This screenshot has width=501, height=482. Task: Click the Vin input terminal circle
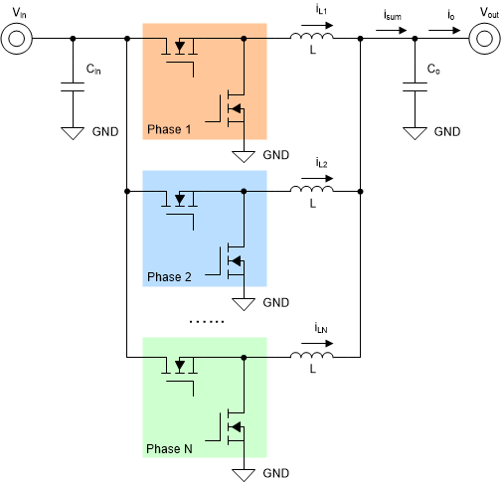pyautogui.click(x=18, y=40)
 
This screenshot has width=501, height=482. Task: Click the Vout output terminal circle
pyautogui.click(x=482, y=40)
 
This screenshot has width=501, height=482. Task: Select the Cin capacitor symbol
pyautogui.click(x=73, y=86)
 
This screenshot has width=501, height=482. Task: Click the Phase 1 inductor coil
pyautogui.click(x=311, y=39)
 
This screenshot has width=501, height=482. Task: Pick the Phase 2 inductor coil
pyautogui.click(x=311, y=187)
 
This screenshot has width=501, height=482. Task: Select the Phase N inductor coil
pyautogui.click(x=311, y=354)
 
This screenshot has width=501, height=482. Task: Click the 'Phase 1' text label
pyautogui.click(x=170, y=130)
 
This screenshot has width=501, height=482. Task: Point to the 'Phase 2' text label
pyautogui.click(x=170, y=277)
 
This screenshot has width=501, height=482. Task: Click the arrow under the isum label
pyautogui.click(x=395, y=29)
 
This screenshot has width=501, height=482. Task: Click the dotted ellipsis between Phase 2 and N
pyautogui.click(x=206, y=321)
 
